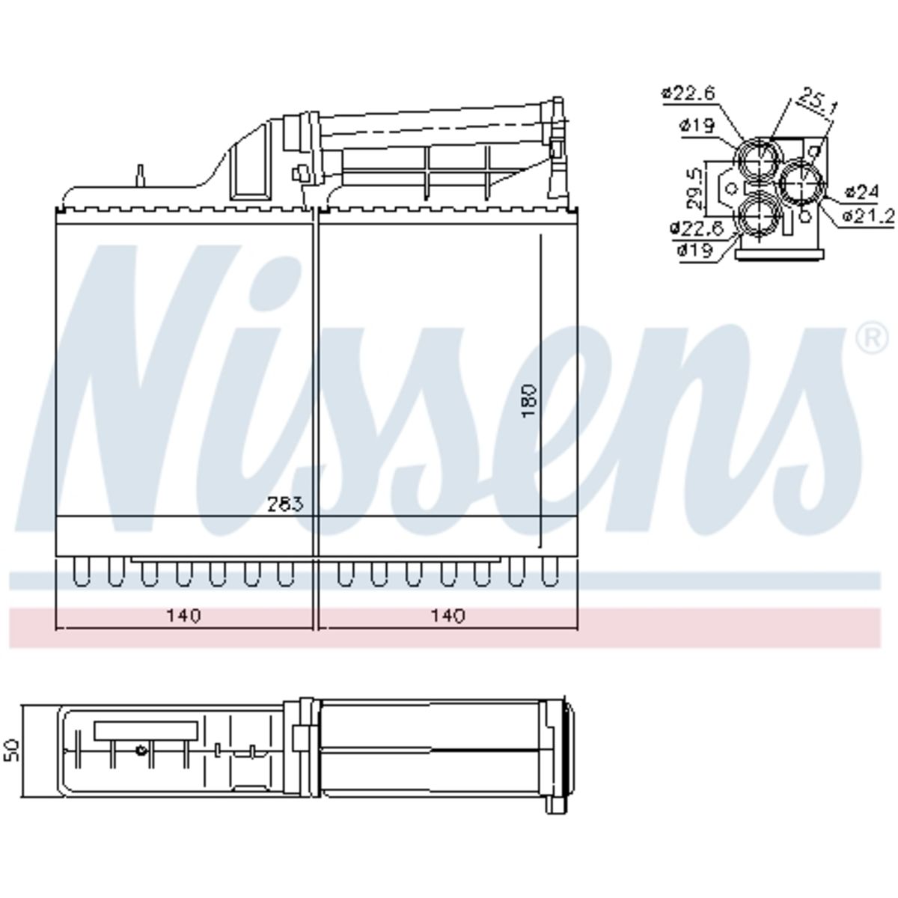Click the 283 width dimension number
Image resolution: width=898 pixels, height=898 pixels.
[x=285, y=504]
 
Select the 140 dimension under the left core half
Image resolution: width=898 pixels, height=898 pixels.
[x=183, y=616]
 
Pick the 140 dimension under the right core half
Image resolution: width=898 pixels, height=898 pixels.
[x=448, y=616]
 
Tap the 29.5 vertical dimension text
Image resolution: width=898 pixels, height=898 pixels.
[x=695, y=189]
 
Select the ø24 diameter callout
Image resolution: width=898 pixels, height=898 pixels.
[x=862, y=192]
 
